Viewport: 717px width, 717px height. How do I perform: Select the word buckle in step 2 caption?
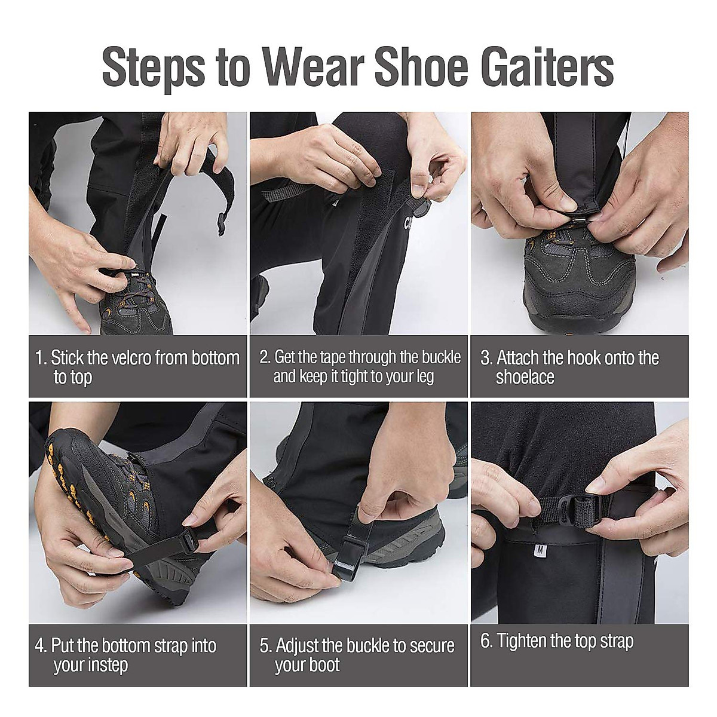[441, 357]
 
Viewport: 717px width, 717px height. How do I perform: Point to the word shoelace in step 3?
[525, 377]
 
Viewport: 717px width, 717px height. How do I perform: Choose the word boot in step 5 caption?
[325, 665]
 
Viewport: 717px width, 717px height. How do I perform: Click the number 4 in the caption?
[40, 646]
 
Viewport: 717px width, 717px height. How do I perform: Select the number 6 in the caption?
[486, 641]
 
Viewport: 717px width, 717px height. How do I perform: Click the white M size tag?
[540, 550]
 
